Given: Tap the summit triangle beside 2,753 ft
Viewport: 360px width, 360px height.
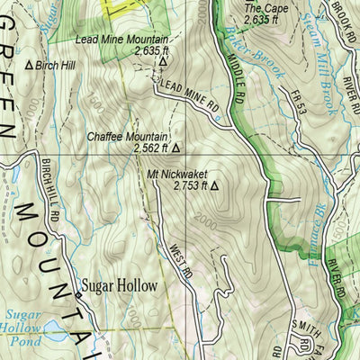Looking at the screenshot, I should (x=214, y=186).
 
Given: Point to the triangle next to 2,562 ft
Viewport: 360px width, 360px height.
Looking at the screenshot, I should (x=175, y=148).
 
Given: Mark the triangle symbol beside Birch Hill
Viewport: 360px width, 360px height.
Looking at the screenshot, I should (x=28, y=65).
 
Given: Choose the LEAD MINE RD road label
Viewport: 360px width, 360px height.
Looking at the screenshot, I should (x=190, y=95).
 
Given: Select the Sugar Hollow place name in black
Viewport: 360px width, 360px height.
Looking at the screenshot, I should (x=119, y=286).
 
